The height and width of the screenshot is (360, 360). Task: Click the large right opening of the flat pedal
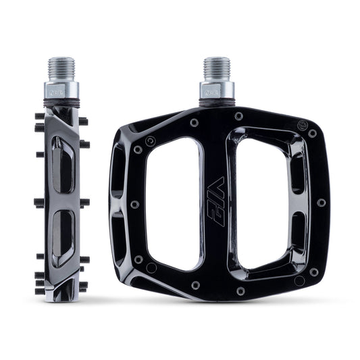pos(263,203)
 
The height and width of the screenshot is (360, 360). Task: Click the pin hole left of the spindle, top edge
pos(194,123)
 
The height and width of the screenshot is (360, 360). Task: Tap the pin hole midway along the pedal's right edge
pos(321,202)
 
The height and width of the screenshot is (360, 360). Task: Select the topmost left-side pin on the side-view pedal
pos(39,117)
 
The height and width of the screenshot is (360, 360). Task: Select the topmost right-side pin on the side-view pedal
pos(83,122)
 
